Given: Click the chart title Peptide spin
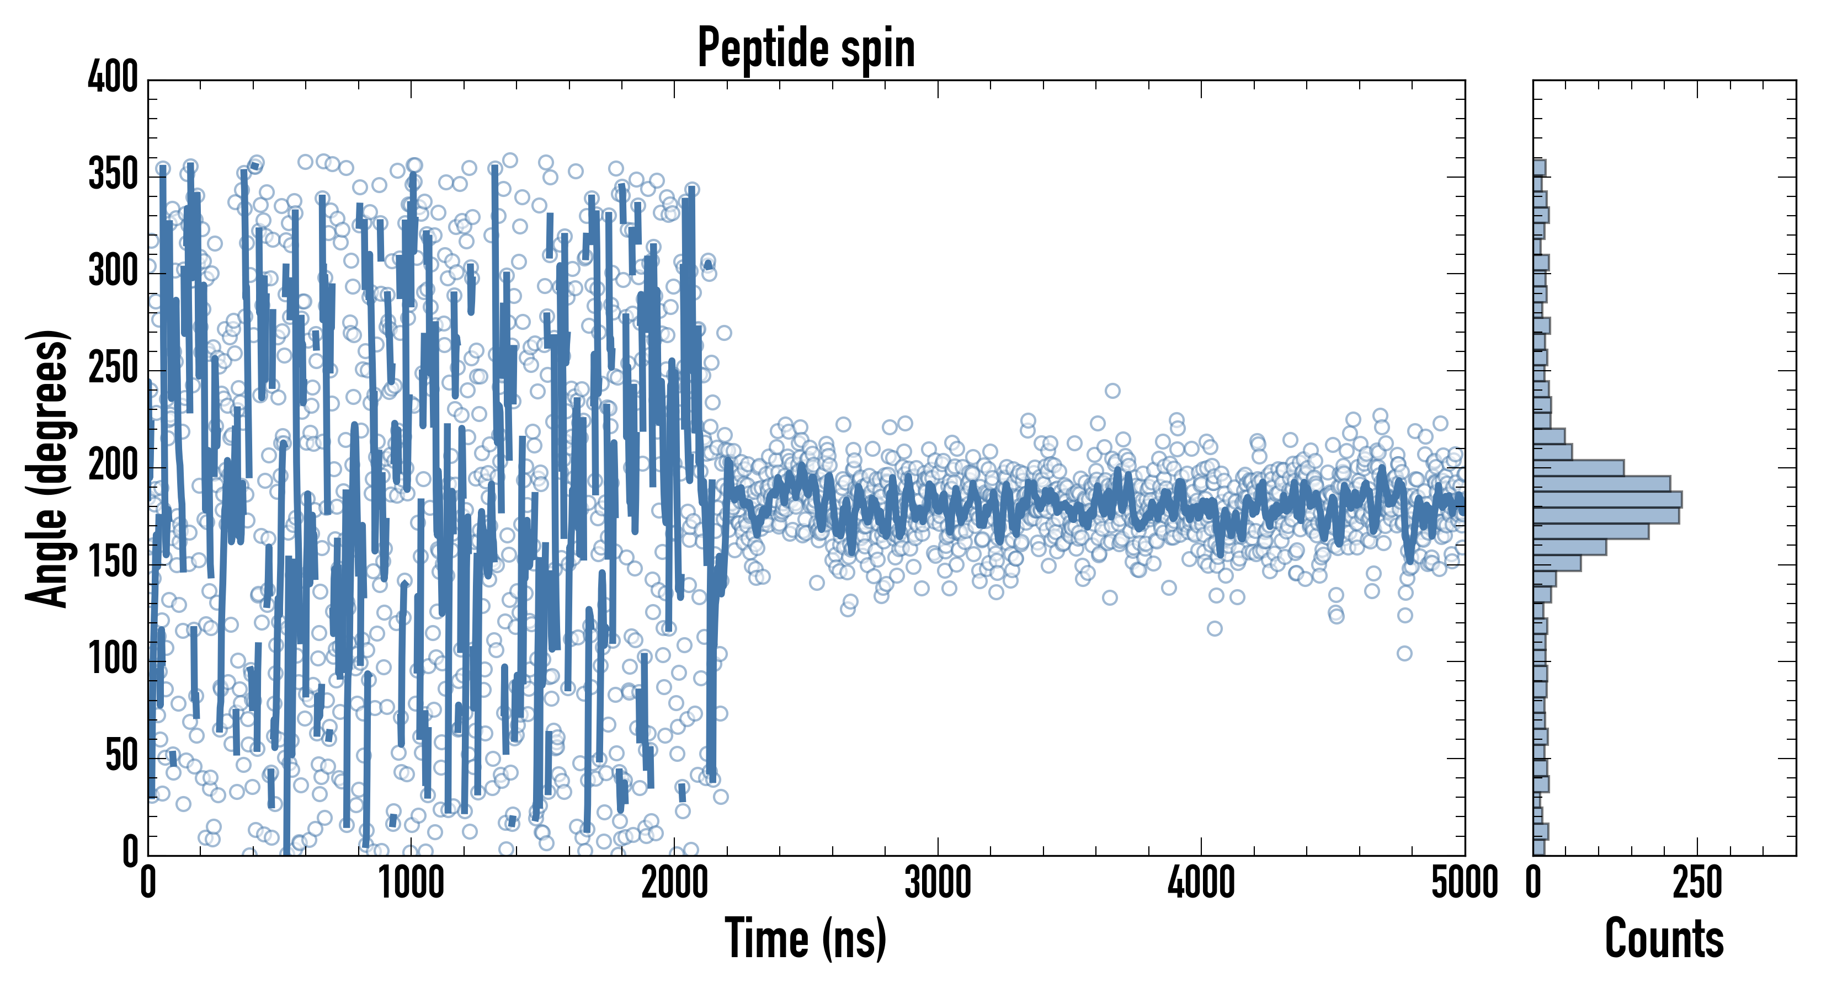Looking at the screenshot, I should point(806,48).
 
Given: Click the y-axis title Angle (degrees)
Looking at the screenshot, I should point(48,468).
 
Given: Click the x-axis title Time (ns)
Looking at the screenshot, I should point(806,938).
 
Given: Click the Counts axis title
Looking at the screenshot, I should point(1664,938).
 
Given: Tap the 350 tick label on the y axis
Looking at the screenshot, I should point(113,174).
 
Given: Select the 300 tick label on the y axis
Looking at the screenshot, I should point(113,271).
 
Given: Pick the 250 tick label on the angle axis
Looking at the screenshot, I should point(113,368).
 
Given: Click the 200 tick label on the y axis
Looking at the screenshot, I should point(113,466).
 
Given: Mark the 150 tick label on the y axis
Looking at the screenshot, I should point(113,563).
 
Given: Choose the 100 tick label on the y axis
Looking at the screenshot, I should point(113,659).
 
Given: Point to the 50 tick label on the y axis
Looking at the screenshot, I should point(121,756).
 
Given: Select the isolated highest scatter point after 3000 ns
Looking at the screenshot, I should point(1112,391).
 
